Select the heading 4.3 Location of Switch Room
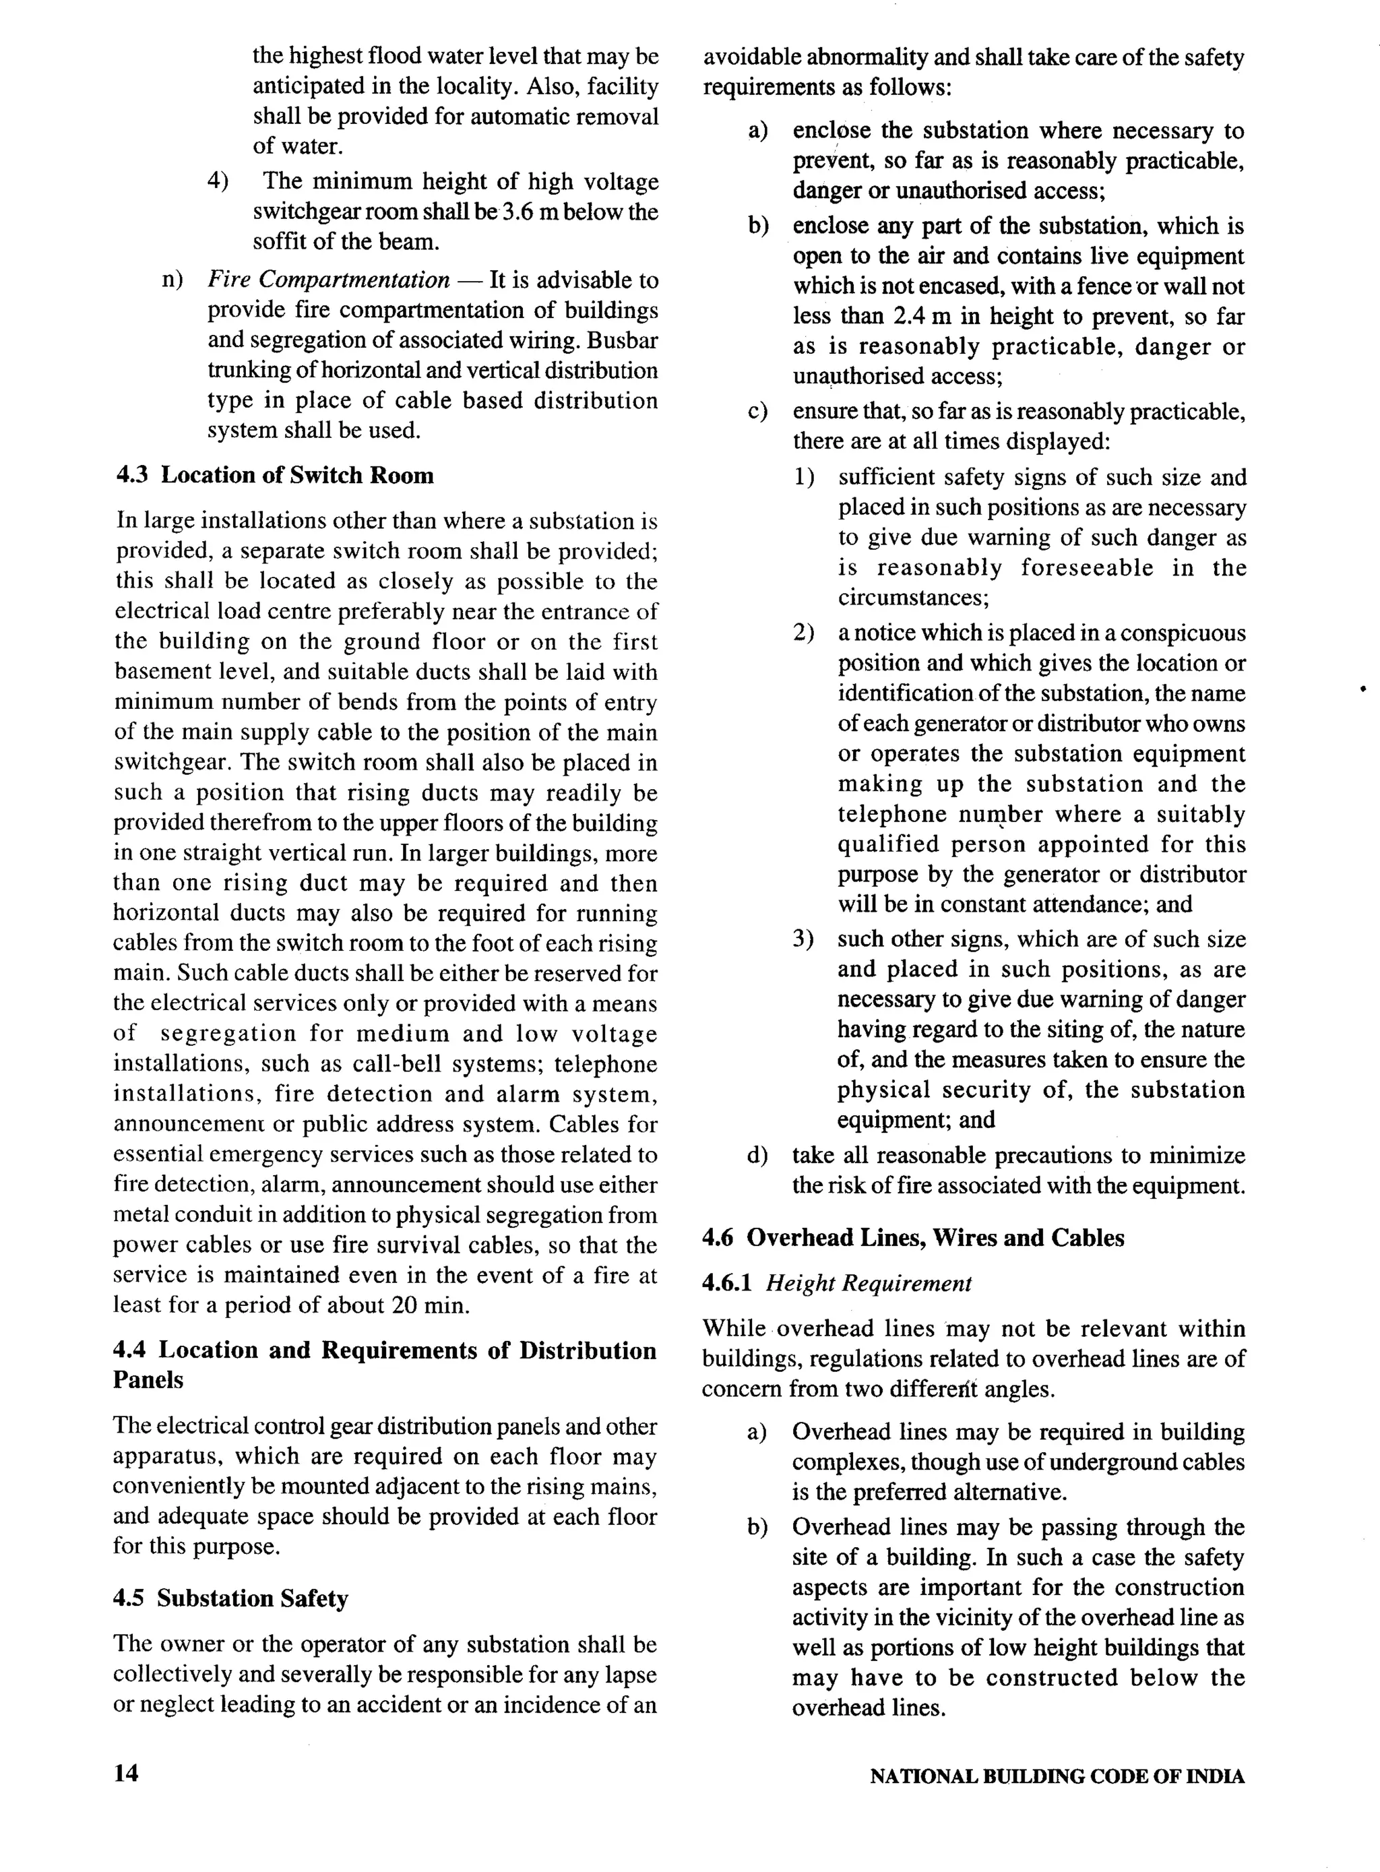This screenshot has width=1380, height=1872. [x=275, y=475]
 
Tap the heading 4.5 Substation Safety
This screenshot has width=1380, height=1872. [x=230, y=1598]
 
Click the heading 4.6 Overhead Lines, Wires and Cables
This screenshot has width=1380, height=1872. [x=913, y=1237]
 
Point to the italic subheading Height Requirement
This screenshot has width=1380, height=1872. [x=869, y=1283]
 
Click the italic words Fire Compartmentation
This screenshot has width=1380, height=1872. [x=328, y=279]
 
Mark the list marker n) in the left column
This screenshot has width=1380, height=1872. [x=172, y=279]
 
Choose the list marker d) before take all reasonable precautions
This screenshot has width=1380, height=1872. [x=757, y=1156]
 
